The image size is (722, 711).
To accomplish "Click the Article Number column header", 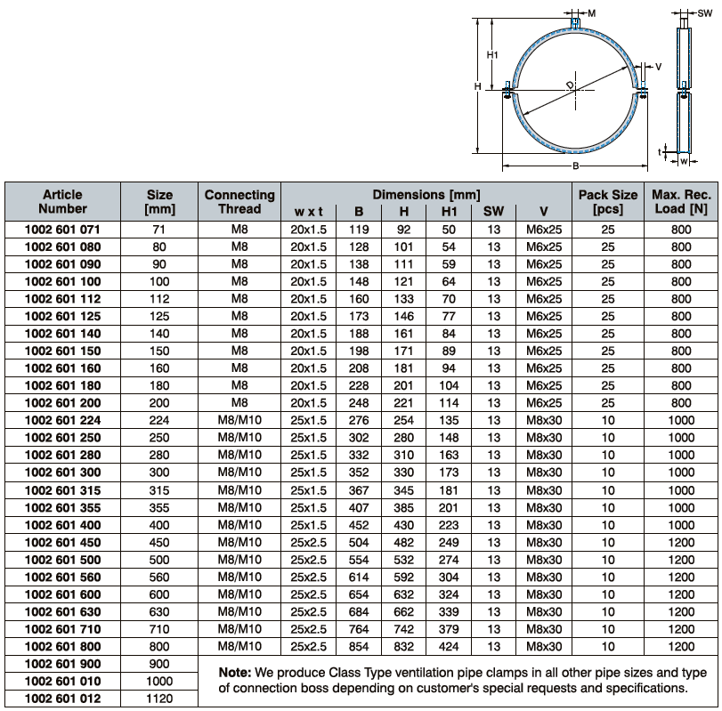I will point(62,201).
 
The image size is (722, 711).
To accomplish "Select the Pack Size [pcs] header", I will point(608,201).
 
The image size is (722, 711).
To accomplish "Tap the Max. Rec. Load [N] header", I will point(681,201).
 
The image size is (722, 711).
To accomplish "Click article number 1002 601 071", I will point(62,230).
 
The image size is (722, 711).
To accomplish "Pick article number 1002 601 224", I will point(62,421).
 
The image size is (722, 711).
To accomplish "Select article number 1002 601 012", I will point(62,699).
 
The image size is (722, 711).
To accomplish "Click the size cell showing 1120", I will point(159,699).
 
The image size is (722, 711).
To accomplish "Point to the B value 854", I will point(359,647).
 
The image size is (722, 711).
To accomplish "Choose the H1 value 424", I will point(449,647).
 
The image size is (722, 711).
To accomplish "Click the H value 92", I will point(403,230).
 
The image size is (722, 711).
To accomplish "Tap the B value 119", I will point(359,230).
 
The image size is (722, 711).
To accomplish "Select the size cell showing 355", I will point(159,508).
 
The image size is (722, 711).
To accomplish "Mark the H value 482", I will point(403,543).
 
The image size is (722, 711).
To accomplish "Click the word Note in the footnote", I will point(236,671).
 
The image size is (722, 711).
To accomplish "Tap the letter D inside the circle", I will point(570,85).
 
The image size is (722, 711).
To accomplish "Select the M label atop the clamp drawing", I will point(591,13).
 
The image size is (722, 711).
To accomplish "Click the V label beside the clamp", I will point(658,67).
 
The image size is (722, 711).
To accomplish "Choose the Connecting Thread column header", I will point(239,201).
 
